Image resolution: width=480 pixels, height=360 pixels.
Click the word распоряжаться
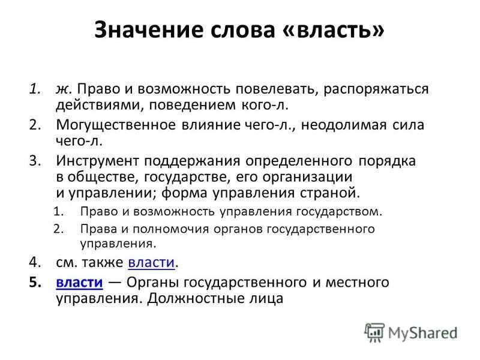(x=376, y=89)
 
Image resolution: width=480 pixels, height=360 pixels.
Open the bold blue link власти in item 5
(x=79, y=281)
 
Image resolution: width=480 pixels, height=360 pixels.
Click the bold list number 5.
(x=35, y=281)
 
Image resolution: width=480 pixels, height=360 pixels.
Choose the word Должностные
(x=193, y=298)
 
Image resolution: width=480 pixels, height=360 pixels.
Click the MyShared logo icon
(x=375, y=332)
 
